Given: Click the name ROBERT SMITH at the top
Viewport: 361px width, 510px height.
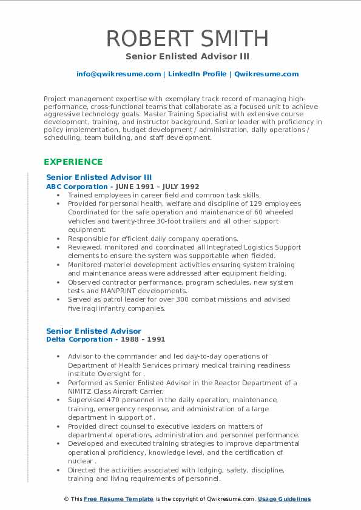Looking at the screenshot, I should tap(187, 38).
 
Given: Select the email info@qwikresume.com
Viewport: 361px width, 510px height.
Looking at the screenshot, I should tap(118, 74).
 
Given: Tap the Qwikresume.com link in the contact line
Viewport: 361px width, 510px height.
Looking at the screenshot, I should tap(266, 74).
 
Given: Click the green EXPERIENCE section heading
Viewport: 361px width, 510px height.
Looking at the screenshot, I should tap(73, 162).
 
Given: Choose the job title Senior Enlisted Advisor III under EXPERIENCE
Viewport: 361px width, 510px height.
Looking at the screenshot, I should tap(99, 177).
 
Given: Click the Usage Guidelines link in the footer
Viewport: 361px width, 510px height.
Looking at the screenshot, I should tap(284, 499).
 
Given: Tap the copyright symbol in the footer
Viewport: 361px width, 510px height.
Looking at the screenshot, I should tap(67, 499).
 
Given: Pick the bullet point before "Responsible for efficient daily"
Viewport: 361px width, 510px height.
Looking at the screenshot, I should tap(58, 239).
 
